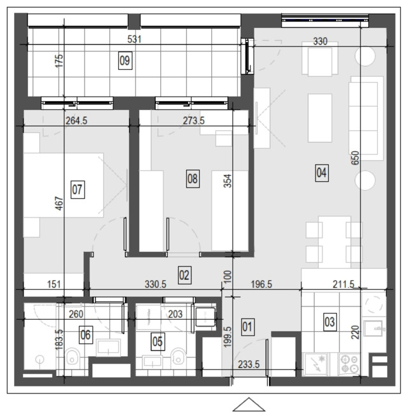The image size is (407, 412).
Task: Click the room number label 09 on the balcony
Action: coord(125,60)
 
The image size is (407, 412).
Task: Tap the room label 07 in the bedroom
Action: coord(78,189)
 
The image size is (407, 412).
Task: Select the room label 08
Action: coord(193,179)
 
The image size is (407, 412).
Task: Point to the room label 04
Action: coord(322,173)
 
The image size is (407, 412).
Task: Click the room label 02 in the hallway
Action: coord(184,275)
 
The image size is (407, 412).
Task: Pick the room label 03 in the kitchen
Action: coord(330,322)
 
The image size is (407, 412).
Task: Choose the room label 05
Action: coord(158,341)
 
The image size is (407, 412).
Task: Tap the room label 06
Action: coord(86,335)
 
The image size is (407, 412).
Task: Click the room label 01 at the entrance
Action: coord(247,327)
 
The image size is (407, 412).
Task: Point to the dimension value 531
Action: coord(134,39)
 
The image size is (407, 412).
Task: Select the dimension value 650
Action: coord(355,158)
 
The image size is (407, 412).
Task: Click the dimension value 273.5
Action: coord(194,121)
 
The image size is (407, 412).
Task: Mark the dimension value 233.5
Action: coord(249,364)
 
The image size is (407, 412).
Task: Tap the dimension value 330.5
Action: coord(155,284)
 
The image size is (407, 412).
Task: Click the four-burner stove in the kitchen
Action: coord(349,364)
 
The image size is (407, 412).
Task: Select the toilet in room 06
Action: coord(72,357)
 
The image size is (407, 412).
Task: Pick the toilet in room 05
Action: coord(178,357)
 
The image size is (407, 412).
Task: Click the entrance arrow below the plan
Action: coord(249,404)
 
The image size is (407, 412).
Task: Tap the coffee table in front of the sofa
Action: coord(320,118)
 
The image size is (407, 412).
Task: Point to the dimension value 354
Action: coord(228,181)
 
